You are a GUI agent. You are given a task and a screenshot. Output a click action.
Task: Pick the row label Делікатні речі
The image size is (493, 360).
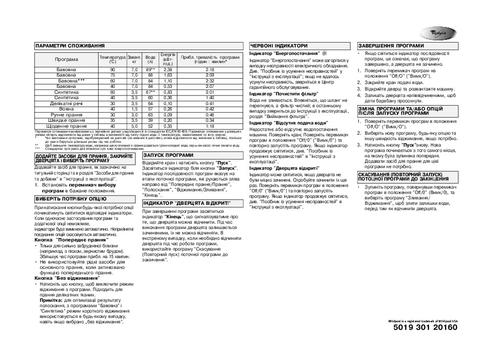[66, 103]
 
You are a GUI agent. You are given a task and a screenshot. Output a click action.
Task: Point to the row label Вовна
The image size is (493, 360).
[66, 109]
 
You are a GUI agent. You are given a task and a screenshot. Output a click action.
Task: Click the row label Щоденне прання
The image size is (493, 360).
[66, 126]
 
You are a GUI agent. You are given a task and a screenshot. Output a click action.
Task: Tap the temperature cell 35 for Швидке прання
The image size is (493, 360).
[113, 120]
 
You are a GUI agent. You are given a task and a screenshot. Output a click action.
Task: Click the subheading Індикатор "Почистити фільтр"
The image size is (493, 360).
[281, 94]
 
